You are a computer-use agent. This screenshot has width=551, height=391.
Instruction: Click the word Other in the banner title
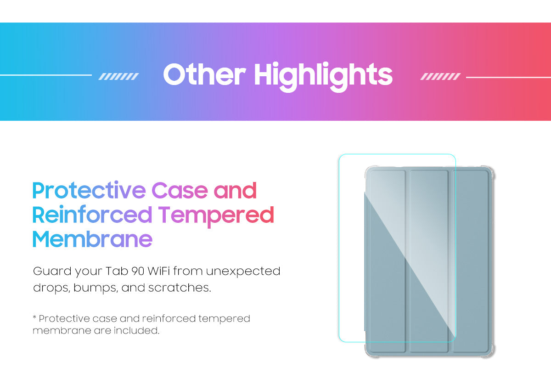204,74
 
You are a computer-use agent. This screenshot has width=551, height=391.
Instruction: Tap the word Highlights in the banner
323,77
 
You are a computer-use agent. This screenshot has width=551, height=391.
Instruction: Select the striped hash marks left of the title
118,77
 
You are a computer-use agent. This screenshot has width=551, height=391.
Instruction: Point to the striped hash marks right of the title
440,77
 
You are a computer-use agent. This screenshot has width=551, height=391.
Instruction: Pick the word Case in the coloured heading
180,190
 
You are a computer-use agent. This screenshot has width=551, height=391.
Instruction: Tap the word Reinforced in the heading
92,214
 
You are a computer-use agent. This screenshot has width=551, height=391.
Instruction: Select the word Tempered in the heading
216,217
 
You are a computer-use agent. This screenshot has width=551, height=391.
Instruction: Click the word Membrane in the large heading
92,239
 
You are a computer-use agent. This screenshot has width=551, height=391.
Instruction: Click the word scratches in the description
180,288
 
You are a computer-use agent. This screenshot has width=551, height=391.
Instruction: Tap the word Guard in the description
52,271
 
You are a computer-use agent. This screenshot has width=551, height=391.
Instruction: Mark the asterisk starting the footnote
34,317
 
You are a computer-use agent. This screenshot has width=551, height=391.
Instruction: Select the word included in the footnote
136,330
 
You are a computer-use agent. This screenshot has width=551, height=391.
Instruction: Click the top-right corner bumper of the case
489,171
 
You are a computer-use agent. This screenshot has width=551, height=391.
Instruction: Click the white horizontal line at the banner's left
46,75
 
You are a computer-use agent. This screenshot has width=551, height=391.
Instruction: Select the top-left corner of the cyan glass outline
339,154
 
